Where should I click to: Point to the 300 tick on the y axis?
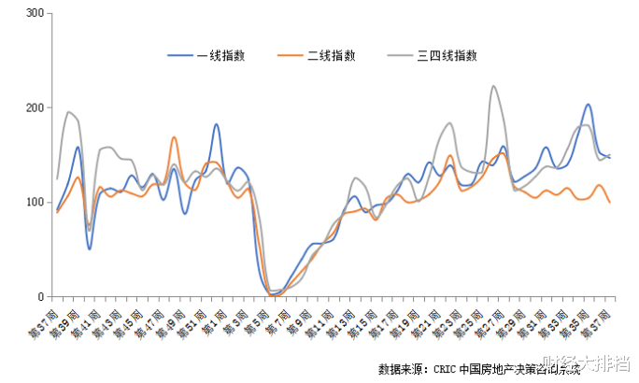point(35,14)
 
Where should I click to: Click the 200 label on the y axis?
point(35,108)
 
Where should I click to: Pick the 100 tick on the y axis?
point(35,203)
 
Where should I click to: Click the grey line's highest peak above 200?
point(492,86)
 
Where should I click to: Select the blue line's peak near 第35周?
point(588,105)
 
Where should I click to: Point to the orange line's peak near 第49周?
point(175,137)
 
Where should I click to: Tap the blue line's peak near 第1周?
point(216,124)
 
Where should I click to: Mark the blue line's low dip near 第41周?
point(90,248)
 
